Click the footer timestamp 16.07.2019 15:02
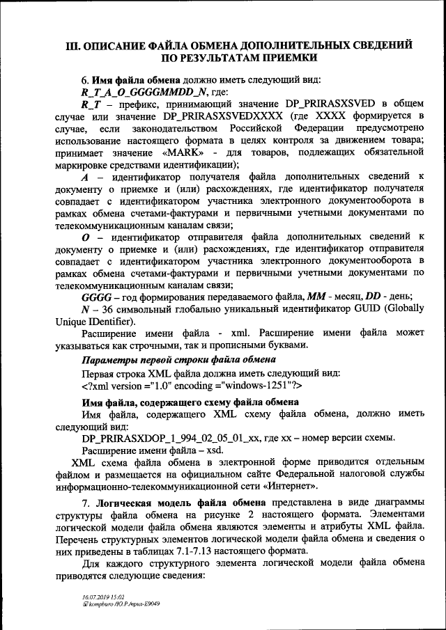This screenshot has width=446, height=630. click(x=102, y=597)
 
